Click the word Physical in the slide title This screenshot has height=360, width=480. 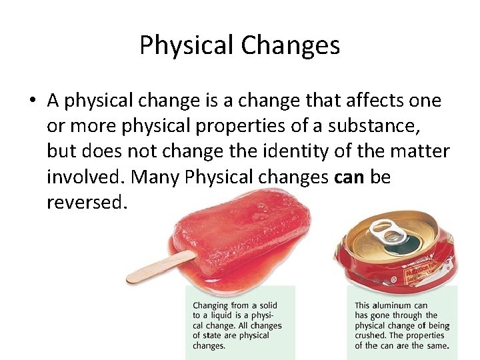tap(187, 46)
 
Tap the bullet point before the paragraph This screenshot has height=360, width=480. tap(32, 101)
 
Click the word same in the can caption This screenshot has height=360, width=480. tap(436, 346)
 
